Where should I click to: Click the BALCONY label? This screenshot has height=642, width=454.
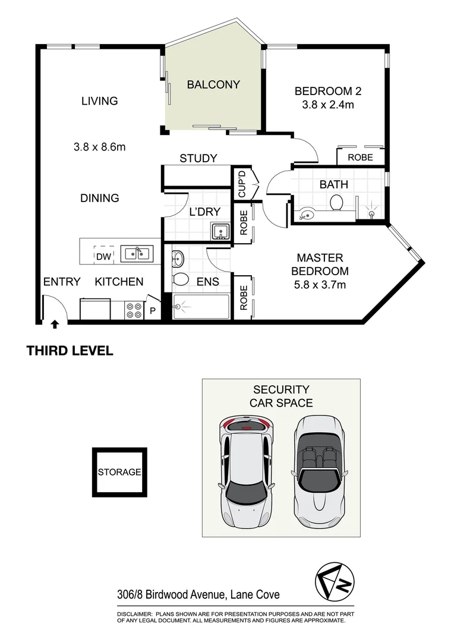tap(213, 84)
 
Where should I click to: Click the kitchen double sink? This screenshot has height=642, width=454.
tap(137, 254)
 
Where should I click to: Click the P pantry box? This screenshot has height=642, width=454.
tap(153, 310)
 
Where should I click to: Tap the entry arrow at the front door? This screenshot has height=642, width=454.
tap(55, 325)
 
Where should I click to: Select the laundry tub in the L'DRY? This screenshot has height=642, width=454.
tap(220, 232)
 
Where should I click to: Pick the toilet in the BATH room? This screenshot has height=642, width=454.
tap(337, 203)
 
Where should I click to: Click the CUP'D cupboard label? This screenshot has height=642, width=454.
tap(242, 184)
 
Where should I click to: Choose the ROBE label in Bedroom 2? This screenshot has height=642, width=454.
tap(360, 158)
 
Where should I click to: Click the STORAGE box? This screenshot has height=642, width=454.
tap(119, 473)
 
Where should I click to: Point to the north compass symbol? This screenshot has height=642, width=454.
tap(334, 578)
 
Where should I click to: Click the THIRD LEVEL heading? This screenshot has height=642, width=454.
tap(70, 351)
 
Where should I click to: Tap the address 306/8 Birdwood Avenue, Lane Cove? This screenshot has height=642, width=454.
tap(198, 594)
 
